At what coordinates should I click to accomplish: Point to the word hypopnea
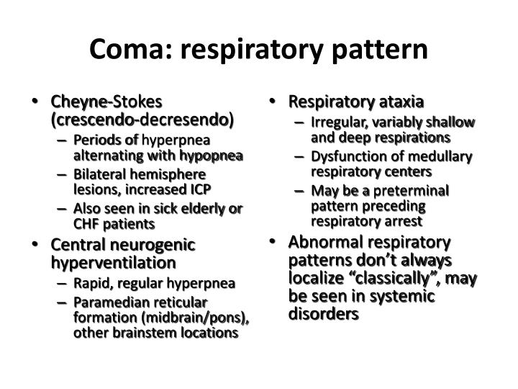pyautogui.click(x=213, y=156)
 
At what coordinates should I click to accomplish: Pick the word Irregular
pyautogui.click(x=338, y=122)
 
